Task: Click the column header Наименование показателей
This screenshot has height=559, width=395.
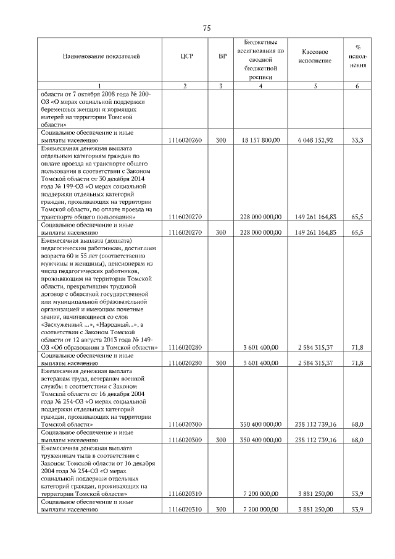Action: coord(101,56)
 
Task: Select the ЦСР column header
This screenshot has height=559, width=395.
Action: coord(185,56)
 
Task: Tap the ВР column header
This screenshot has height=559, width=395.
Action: coord(222,56)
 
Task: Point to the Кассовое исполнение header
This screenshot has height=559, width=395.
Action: coord(315,56)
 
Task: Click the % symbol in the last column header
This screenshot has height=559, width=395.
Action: coord(358,46)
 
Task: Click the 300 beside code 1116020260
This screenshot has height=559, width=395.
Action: coord(221,140)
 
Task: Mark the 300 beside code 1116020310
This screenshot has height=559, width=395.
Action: coord(221,509)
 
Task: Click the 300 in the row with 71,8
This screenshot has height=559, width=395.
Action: coord(221,363)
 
